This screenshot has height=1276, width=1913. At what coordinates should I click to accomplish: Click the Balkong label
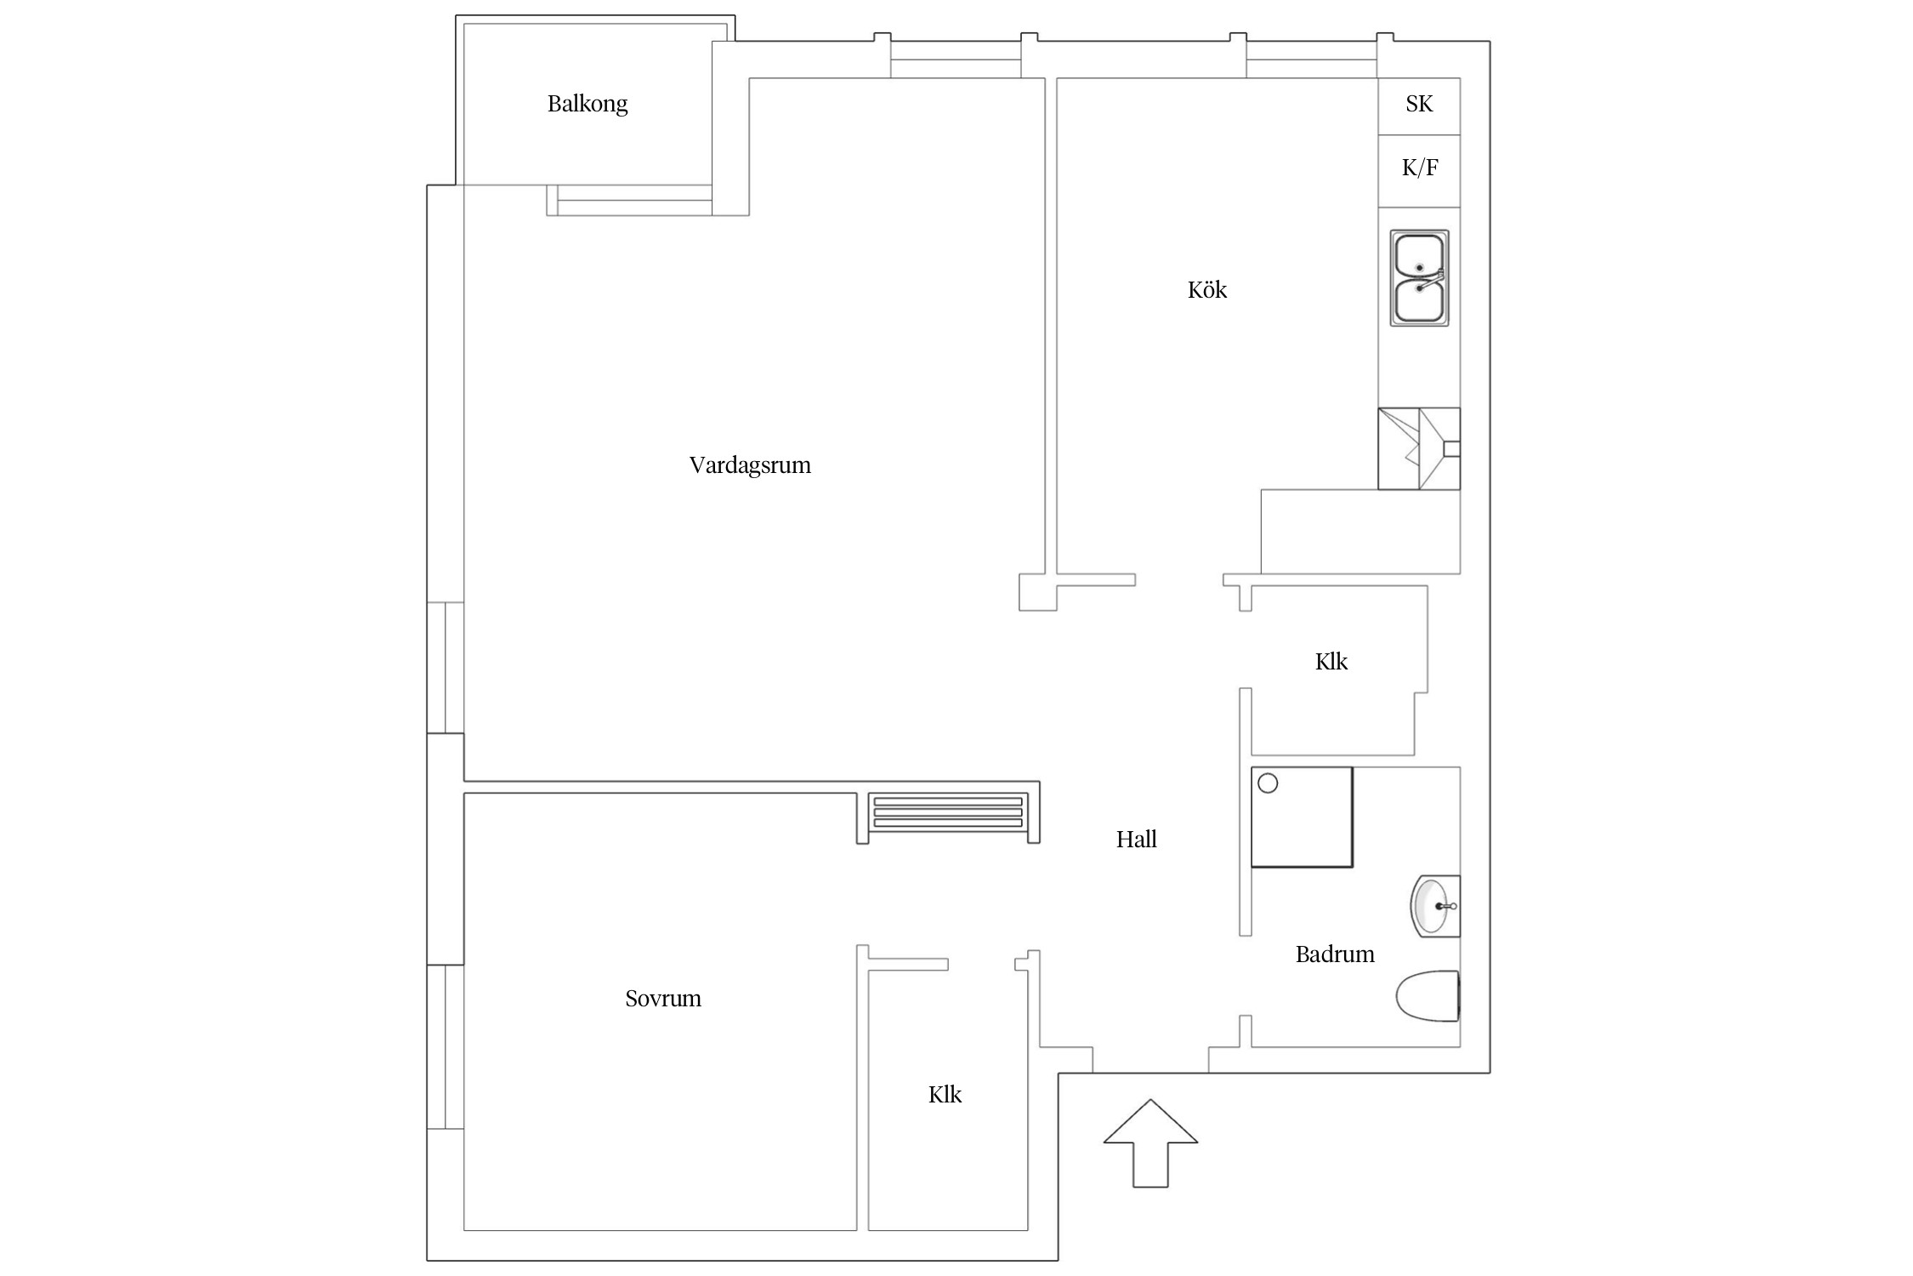pyautogui.click(x=588, y=105)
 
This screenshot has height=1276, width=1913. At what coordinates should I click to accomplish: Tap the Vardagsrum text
pyautogui.click(x=750, y=465)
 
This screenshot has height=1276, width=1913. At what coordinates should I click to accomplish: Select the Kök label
pyautogui.click(x=1207, y=290)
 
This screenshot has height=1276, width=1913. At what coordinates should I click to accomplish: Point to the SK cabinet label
pyautogui.click(x=1419, y=104)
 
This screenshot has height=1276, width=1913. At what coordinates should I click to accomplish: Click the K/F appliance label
pyautogui.click(x=1420, y=168)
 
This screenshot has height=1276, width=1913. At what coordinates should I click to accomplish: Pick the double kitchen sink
pyautogui.click(x=1419, y=277)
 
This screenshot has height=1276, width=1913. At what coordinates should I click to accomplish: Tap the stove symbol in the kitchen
pyautogui.click(x=1419, y=448)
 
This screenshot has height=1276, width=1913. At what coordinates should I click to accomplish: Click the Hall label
pyautogui.click(x=1137, y=840)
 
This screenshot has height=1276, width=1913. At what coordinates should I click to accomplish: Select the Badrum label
pyautogui.click(x=1335, y=954)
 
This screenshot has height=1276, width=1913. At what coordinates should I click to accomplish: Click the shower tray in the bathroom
pyautogui.click(x=1302, y=817)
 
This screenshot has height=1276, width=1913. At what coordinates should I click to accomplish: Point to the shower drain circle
pyautogui.click(x=1268, y=783)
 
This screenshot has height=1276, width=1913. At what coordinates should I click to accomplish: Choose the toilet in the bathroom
pyautogui.click(x=1428, y=996)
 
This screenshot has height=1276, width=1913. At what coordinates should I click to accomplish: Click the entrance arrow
pyautogui.click(x=1150, y=1142)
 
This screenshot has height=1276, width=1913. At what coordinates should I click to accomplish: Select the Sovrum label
pyautogui.click(x=663, y=999)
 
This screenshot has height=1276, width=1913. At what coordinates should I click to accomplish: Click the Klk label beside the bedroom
pyautogui.click(x=945, y=1095)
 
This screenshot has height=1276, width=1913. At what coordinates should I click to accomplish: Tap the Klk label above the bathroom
pyautogui.click(x=1331, y=662)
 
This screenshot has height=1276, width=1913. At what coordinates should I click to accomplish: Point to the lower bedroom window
pyautogui.click(x=445, y=1047)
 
